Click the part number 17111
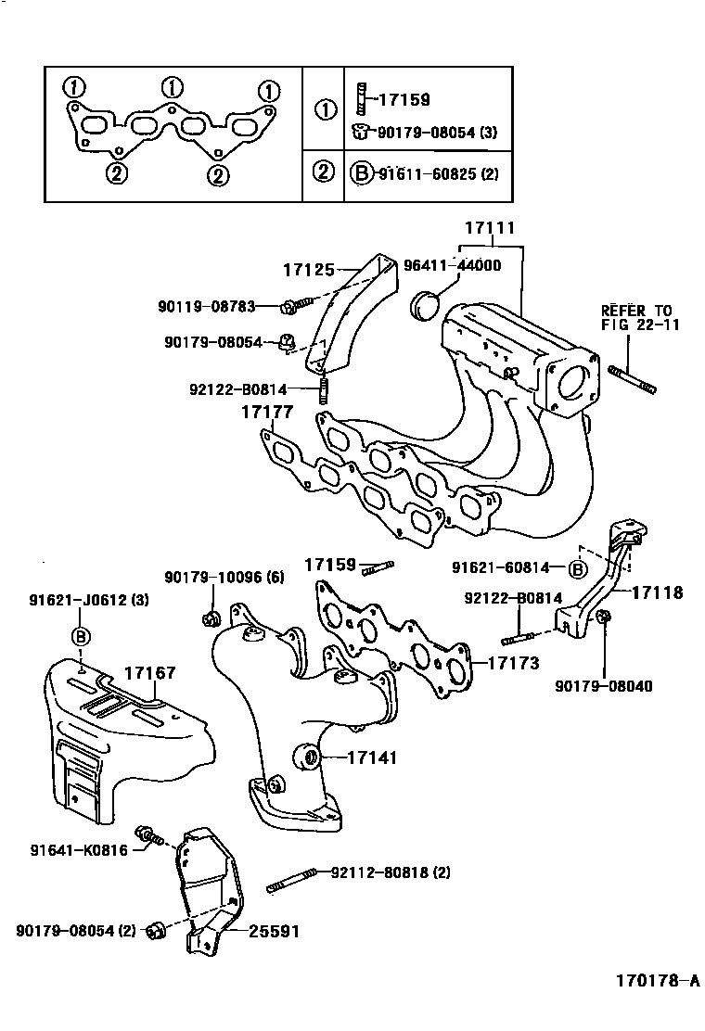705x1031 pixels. point(490,228)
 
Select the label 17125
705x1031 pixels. point(308,270)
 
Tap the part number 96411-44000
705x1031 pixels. point(452,265)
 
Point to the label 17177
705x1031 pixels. point(268,412)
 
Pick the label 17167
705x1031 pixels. point(149,674)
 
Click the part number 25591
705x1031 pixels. point(274,931)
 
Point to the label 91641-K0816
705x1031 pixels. point(80,849)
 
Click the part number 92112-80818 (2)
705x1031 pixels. point(391,872)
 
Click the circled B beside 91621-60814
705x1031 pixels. point(578,568)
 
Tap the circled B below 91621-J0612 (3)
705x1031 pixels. point(82,636)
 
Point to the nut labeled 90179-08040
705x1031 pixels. point(604,617)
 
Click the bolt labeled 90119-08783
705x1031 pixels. point(290,305)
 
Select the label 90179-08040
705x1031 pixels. point(604,687)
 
